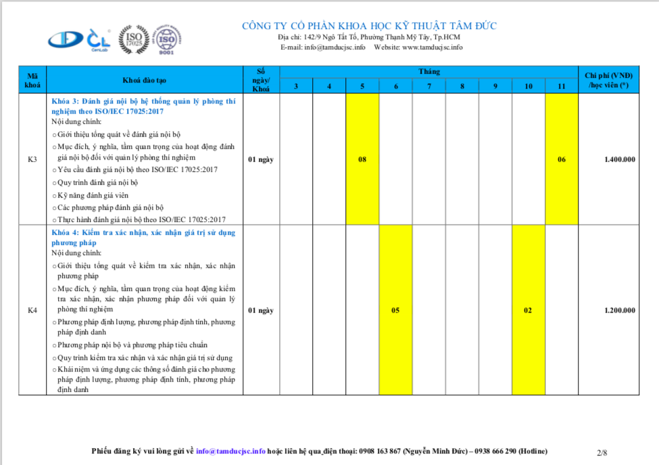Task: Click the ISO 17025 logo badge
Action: pyautogui.click(x=134, y=39)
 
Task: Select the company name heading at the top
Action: pyautogui.click(x=369, y=26)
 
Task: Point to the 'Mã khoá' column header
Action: pyautogui.click(x=32, y=80)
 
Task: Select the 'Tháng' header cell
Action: pyautogui.click(x=429, y=72)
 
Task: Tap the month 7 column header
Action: pyautogui.click(x=429, y=87)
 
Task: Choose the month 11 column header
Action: pyautogui.click(x=561, y=87)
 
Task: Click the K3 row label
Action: pyautogui.click(x=32, y=159)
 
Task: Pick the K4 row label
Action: pyautogui.click(x=32, y=310)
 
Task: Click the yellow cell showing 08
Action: pyautogui.click(x=362, y=159)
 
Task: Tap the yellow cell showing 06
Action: pyautogui.click(x=561, y=159)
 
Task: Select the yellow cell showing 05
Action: pyautogui.click(x=395, y=310)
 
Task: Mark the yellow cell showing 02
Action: pyautogui.click(x=528, y=310)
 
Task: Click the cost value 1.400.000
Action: pyautogui.click(x=619, y=159)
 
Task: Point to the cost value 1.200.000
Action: pyautogui.click(x=619, y=310)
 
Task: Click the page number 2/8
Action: pyautogui.click(x=602, y=451)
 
